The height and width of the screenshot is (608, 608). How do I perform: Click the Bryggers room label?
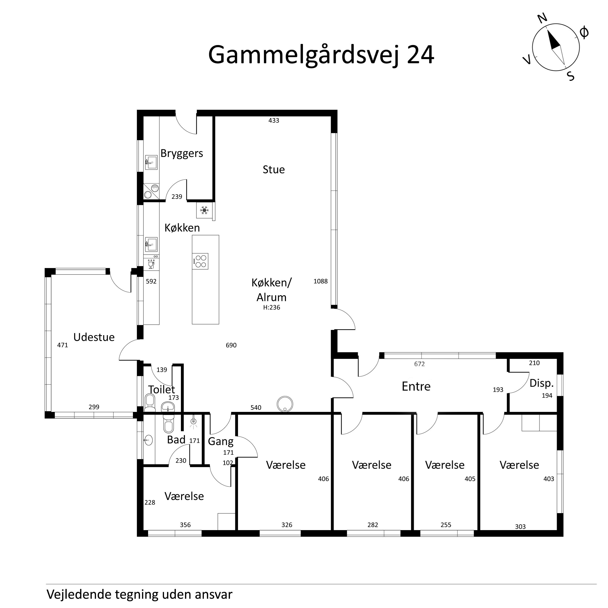[182, 154]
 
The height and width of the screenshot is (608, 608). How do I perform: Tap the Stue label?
[274, 170]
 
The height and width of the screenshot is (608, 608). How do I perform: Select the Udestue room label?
[94, 337]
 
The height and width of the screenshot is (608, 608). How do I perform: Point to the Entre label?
[416, 387]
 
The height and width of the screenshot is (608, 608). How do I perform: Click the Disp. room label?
[541, 384]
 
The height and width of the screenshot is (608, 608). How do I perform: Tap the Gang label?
[221, 442]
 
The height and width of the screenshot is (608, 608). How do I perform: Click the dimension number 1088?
[320, 281]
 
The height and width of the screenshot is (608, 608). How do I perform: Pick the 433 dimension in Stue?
[274, 120]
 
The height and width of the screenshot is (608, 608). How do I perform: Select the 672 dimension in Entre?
[419, 364]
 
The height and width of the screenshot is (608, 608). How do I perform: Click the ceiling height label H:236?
[271, 308]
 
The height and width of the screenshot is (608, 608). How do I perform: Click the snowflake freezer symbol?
[204, 210]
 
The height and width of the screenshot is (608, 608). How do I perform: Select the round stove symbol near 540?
[285, 404]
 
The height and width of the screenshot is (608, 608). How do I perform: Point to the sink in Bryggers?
[151, 162]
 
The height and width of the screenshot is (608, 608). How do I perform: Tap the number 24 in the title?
[421, 55]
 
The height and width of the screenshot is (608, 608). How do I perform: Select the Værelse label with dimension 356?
[184, 496]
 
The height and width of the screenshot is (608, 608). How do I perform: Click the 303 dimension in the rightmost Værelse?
[520, 527]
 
